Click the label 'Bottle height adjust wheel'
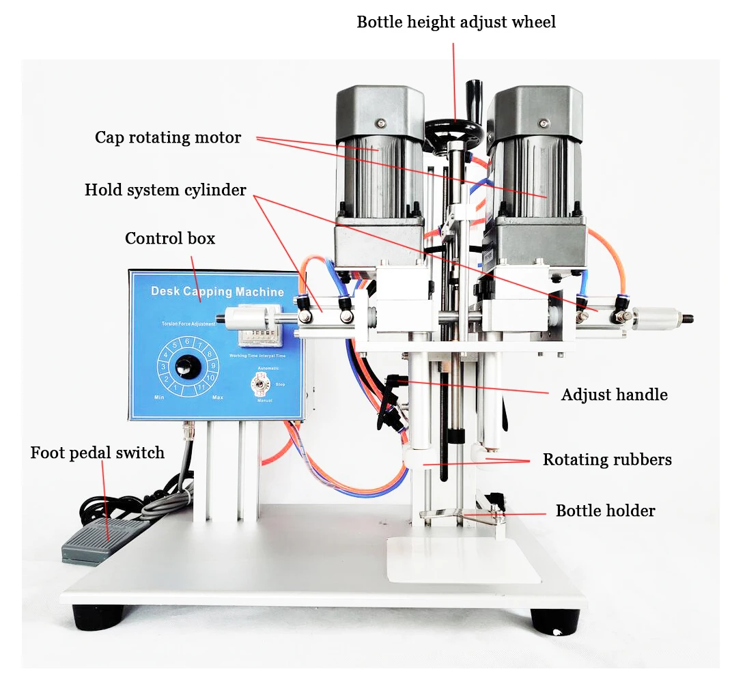point(456,23)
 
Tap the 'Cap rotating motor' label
point(168,138)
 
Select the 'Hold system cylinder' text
point(165,190)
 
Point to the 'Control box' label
point(170,238)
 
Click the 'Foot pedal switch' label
point(98,453)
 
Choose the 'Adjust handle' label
point(614,395)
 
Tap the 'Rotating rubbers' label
point(607,459)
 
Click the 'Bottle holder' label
point(605,511)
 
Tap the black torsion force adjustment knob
point(184,367)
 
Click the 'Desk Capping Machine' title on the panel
point(217,292)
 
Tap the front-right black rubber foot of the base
point(554,620)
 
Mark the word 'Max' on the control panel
point(218,397)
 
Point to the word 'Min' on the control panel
point(159,397)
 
